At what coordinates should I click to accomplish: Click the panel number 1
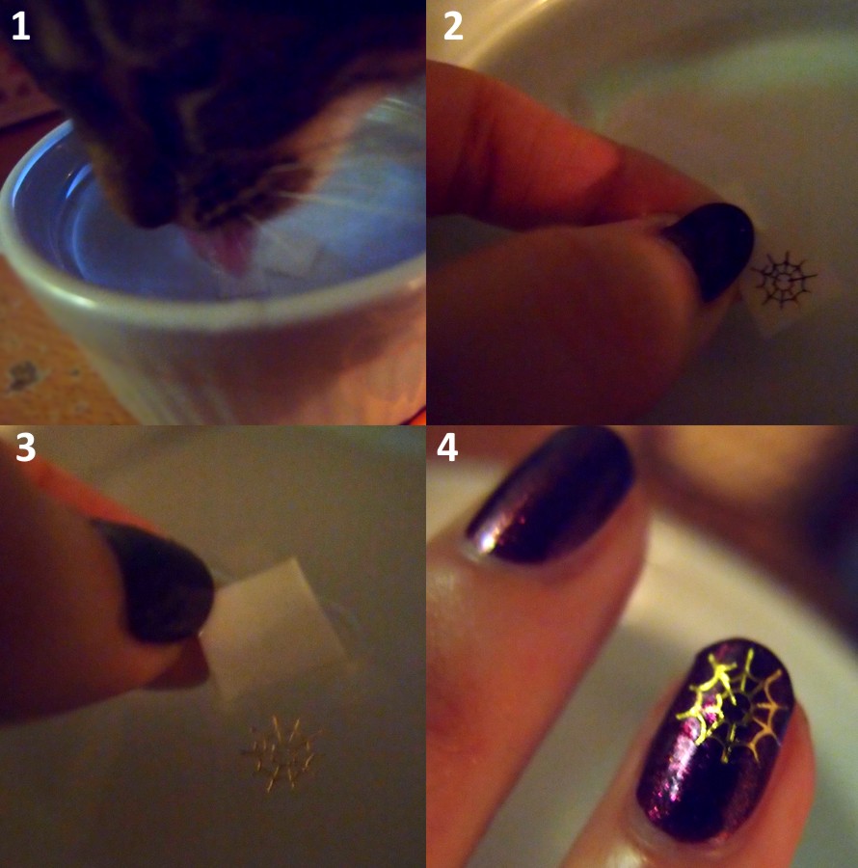[x=20, y=26]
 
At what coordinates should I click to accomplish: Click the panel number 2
[x=453, y=26]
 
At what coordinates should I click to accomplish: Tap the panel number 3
[x=25, y=448]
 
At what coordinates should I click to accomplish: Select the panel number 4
[x=447, y=448]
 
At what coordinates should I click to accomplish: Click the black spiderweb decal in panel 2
[x=785, y=280]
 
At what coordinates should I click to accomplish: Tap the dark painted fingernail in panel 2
[x=713, y=249]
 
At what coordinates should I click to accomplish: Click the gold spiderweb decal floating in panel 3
[x=282, y=754]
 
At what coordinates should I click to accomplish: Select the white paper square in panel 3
[x=271, y=631]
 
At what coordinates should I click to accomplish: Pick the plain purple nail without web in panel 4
[x=548, y=499]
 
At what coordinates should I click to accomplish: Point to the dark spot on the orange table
[x=23, y=376]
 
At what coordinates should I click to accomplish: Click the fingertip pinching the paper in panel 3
[x=177, y=665]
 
